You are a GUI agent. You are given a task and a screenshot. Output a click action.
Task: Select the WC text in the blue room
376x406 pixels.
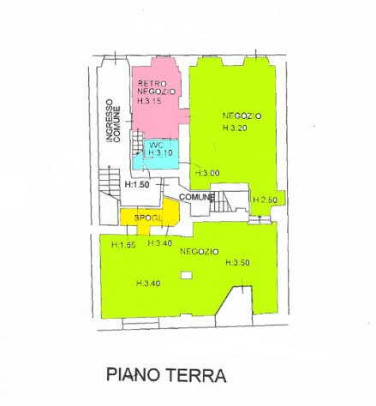(x=156, y=144)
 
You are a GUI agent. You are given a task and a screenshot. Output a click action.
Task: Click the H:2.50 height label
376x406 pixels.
(x=266, y=200)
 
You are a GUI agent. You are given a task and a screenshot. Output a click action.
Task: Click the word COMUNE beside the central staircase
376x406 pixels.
(x=196, y=198)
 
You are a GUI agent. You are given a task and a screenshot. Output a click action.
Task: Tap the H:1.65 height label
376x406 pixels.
(x=124, y=244)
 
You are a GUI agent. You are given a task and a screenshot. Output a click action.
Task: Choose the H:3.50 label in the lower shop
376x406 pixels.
(x=238, y=262)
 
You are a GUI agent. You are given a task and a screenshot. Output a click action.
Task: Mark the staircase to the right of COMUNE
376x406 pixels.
(x=225, y=202)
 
